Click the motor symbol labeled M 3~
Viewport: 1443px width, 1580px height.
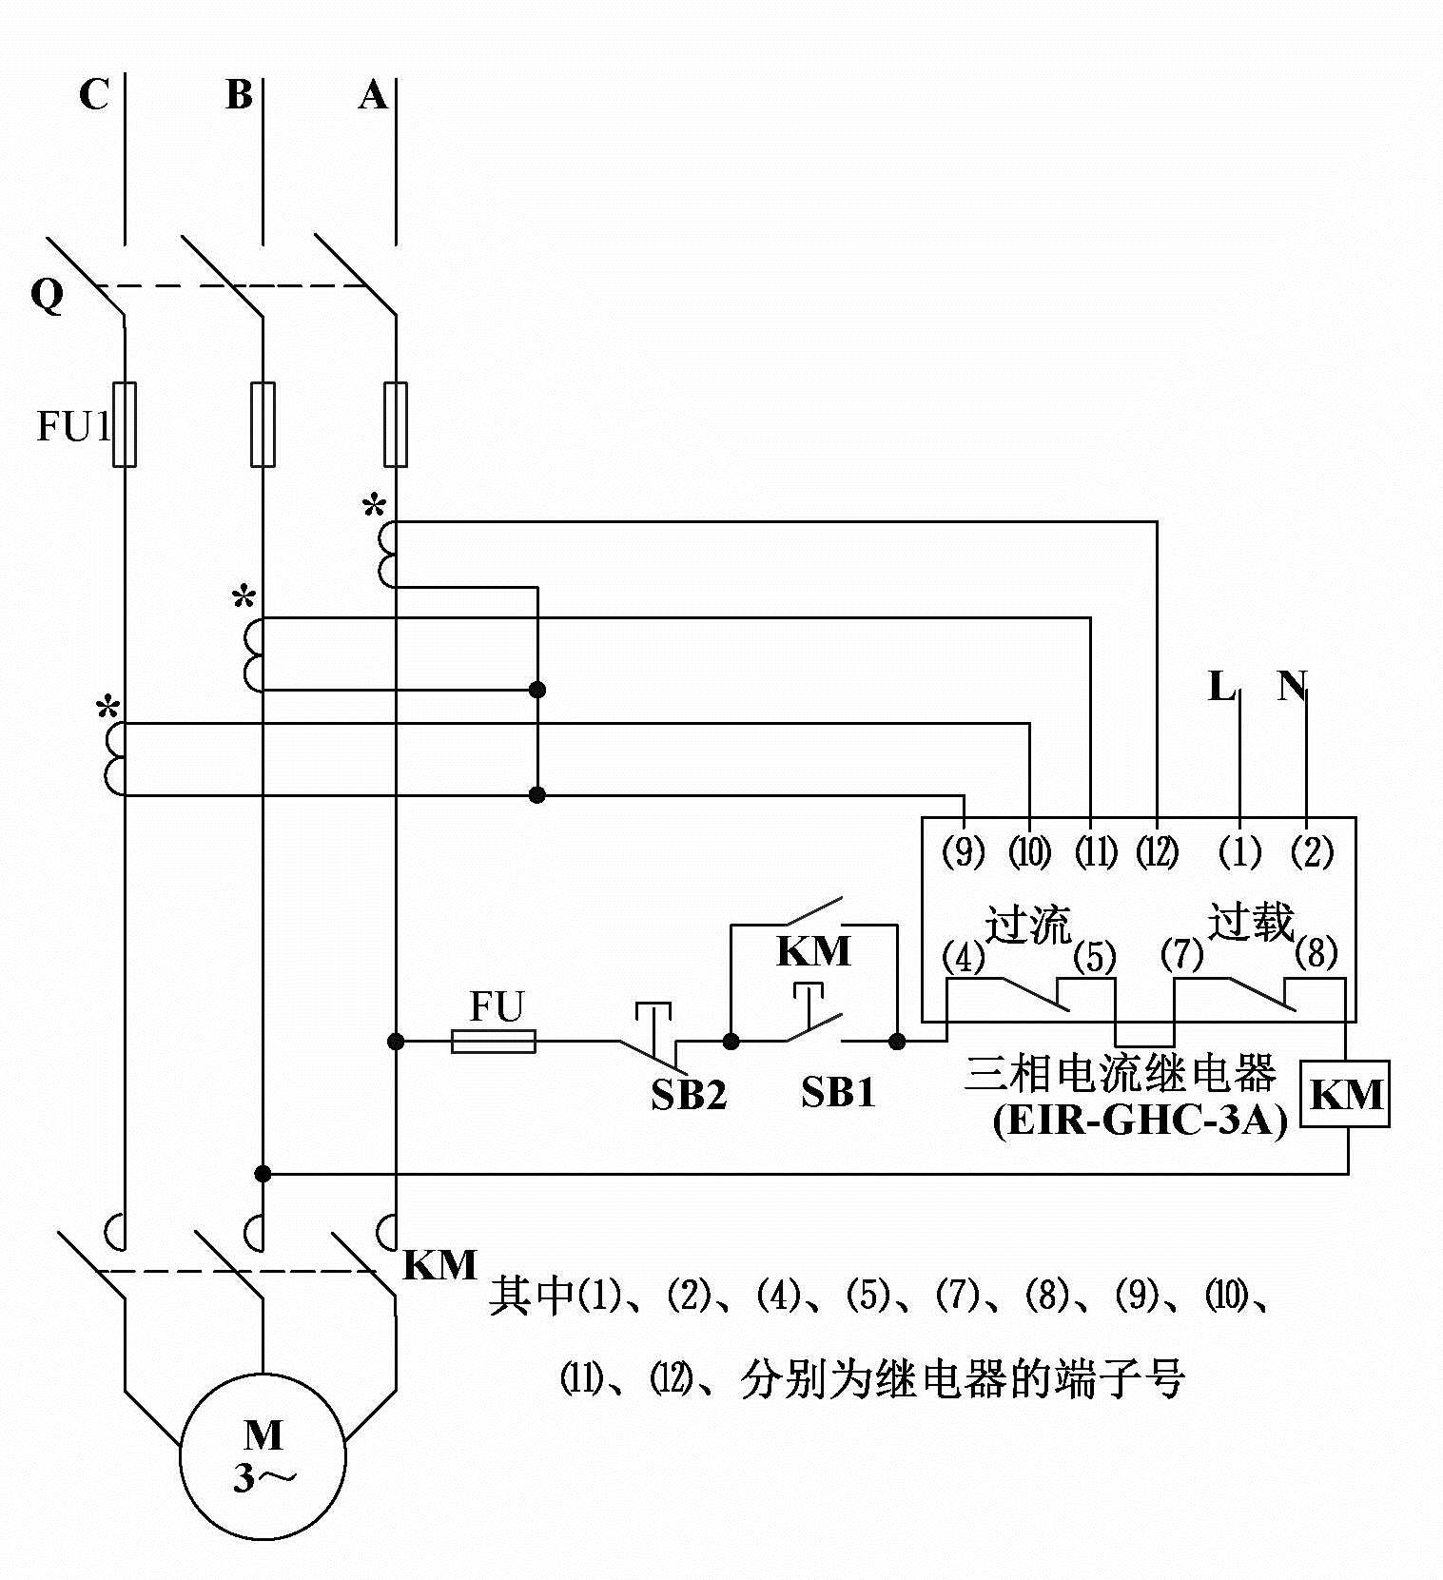[263, 1455]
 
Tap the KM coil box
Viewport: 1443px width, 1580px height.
[1345, 1094]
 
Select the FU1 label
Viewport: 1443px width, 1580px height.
[73, 426]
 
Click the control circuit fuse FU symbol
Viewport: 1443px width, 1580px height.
[493, 1042]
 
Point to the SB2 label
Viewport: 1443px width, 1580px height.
[688, 1095]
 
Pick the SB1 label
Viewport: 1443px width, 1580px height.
[837, 1092]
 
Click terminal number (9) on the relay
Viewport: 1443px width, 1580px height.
[963, 852]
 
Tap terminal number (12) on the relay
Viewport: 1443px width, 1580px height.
[1157, 852]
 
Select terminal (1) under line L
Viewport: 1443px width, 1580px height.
[1239, 852]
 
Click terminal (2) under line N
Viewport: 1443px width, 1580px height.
[1311, 852]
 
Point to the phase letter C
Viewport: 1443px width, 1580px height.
[93, 95]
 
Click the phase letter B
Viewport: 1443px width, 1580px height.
[239, 95]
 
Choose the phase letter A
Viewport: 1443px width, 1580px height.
[373, 95]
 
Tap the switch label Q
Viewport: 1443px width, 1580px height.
[47, 296]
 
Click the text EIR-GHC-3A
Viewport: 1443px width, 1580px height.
[1140, 1121]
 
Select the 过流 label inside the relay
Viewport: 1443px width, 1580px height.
[1027, 924]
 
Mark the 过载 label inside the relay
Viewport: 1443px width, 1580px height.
[1251, 921]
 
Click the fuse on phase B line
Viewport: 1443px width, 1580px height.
[263, 424]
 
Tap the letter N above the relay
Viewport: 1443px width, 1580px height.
[1292, 686]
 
